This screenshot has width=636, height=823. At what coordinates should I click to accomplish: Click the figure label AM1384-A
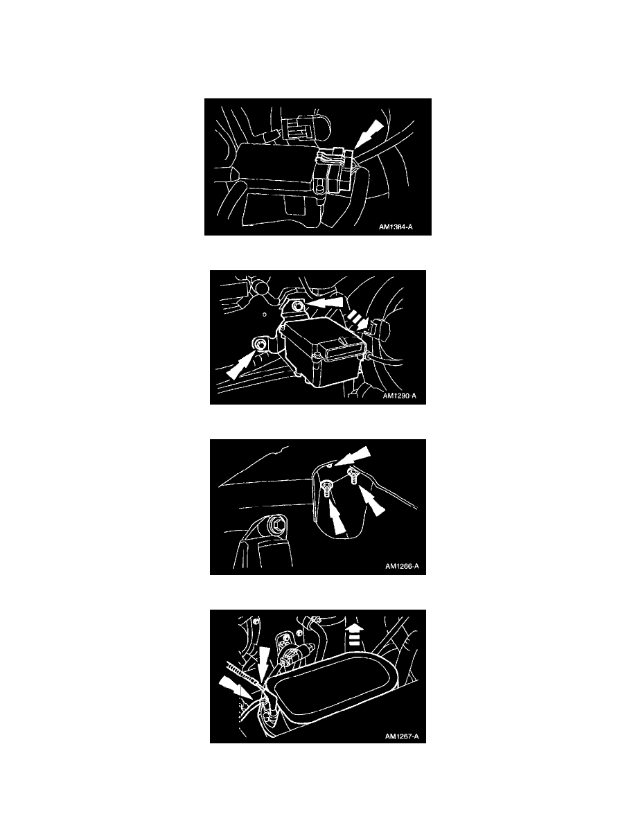pos(396,227)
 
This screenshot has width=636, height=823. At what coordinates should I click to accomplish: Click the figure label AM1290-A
pos(399,396)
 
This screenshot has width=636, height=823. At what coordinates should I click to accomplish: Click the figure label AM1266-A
pos(402,567)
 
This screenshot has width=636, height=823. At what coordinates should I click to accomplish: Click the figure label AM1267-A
pos(402,736)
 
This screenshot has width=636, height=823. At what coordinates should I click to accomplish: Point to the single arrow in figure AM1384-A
pos(369,134)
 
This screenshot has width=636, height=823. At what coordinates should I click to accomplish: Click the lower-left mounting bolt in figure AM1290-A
pos(260,344)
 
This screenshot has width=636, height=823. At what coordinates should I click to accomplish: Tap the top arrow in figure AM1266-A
pos(353,456)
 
